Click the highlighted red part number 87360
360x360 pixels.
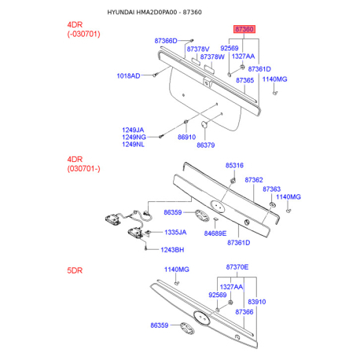coord(244,29)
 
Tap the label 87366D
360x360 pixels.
coord(166,41)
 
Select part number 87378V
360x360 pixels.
coord(198,50)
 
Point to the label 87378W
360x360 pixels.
coord(212,57)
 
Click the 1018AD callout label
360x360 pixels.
coord(128,76)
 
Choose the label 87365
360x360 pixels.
coord(245,80)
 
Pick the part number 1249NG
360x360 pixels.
coord(134,137)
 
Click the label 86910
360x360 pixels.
coord(187,137)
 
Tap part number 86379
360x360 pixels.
coord(206,145)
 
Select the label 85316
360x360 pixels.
coord(234,165)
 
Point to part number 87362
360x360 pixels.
coord(254,180)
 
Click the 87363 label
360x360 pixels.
coord(272,189)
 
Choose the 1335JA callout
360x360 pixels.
coord(175,233)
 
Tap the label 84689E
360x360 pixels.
coord(215,233)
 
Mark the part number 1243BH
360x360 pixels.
coord(172,250)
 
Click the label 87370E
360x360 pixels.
coord(237,267)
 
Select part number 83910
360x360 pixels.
coord(257,302)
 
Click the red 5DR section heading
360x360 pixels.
coord(75,270)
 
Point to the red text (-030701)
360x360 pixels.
coord(84,34)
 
